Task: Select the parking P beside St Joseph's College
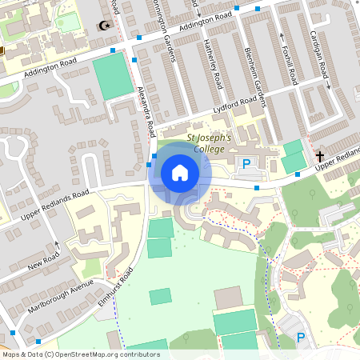(x=246, y=164)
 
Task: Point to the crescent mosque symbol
(x=102, y=26)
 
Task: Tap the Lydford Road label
(x=238, y=106)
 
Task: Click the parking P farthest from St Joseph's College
(x=301, y=338)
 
